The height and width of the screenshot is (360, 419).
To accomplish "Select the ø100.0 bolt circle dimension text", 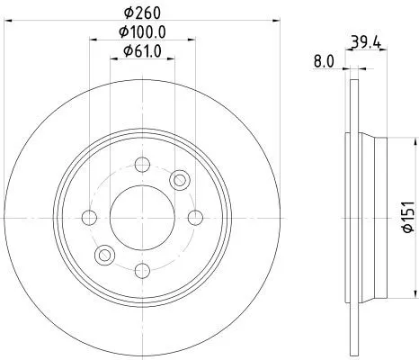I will (143, 32).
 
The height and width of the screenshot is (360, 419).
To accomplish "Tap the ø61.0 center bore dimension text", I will (143, 52).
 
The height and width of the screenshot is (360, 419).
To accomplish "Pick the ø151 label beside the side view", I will (406, 217).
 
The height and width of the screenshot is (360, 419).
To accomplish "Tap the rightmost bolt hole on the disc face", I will (196, 217).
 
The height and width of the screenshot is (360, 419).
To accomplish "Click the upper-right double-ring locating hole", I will (180, 180).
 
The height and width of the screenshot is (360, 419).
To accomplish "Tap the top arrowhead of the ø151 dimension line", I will (415, 139).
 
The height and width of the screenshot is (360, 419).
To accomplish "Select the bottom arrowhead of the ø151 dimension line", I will (415, 294).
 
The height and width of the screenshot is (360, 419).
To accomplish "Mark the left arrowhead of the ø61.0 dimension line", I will (113, 61).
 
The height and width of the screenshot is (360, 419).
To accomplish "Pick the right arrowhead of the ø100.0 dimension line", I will (194, 41).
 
